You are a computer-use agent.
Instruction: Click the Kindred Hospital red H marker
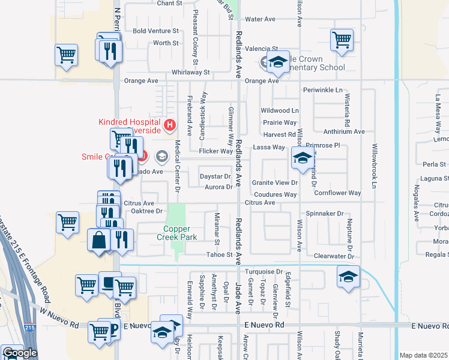(170, 125)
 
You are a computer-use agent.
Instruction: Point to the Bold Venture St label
(156, 31)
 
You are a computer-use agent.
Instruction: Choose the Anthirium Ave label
(344, 131)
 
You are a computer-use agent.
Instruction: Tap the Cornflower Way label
(337, 193)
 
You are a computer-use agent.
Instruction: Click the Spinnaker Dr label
(324, 213)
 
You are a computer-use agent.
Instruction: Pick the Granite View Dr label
(274, 182)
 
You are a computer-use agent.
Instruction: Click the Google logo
(20, 353)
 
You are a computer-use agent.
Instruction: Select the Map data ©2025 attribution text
(424, 355)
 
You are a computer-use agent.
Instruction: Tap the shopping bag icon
(98, 240)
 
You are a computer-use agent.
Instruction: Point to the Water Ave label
(260, 19)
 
